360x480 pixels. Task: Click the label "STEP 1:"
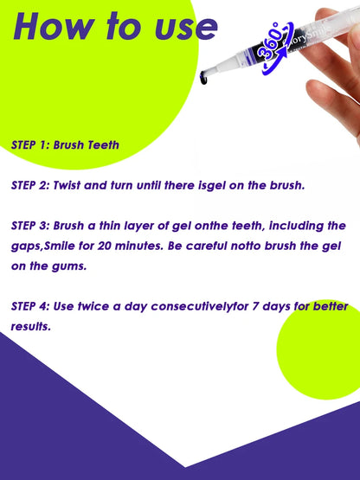(29, 144)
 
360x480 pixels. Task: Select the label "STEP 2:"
(29, 185)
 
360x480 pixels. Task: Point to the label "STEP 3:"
(29, 225)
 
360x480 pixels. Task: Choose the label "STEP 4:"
(29, 306)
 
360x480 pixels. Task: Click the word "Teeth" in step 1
(100, 144)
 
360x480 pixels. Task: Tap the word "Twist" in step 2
(70, 185)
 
